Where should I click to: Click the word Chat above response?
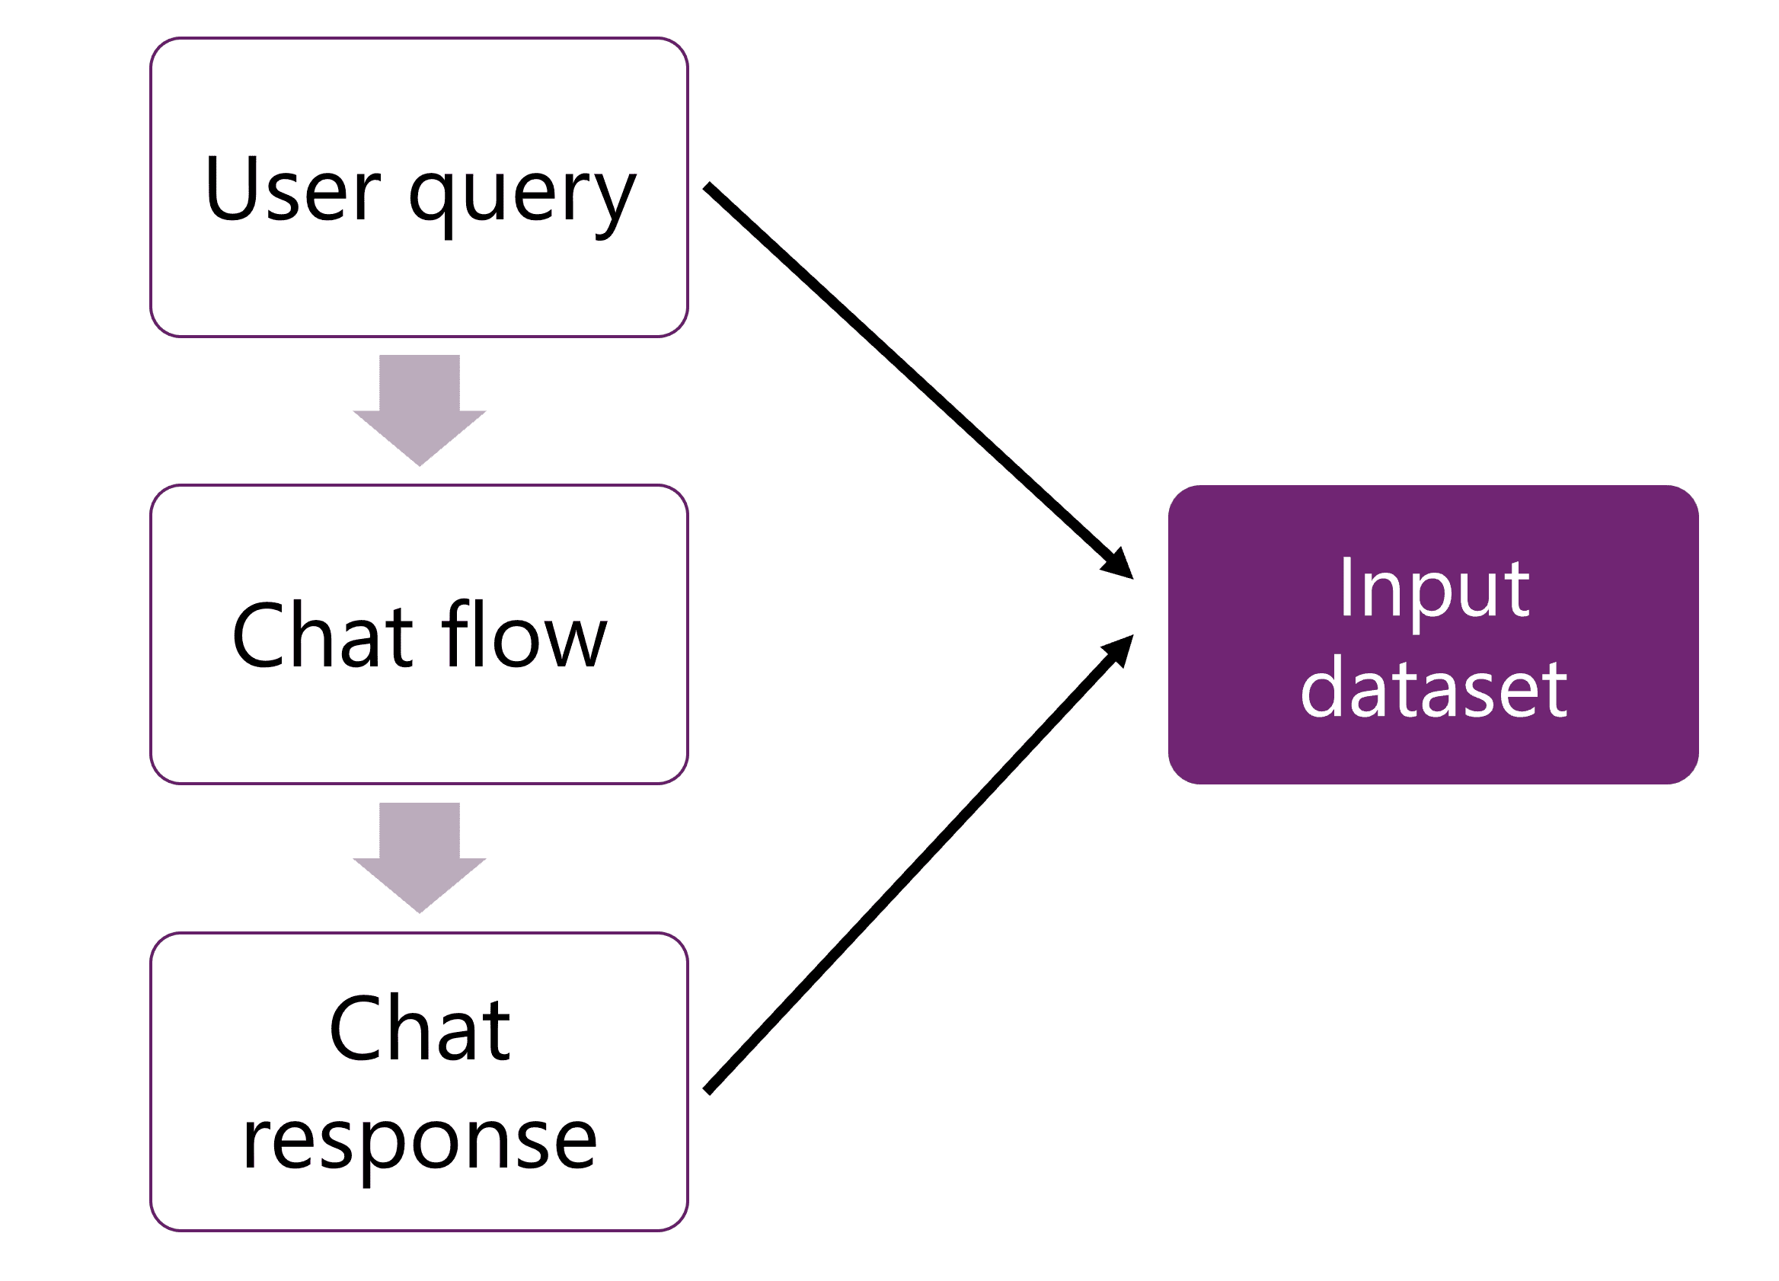[420, 1029]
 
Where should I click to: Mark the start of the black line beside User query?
[707, 187]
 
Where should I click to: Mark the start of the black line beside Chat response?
[707, 1091]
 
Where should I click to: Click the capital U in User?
[228, 188]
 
